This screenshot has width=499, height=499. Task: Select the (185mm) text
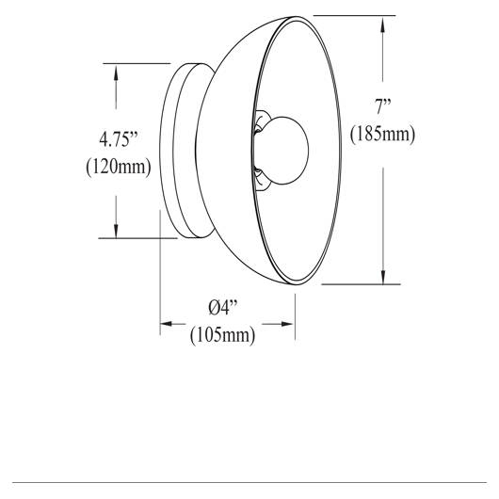pyautogui.click(x=383, y=135)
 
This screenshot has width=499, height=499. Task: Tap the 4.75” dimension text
pyautogui.click(x=119, y=139)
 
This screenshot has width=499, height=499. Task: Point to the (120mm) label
pyautogui.click(x=119, y=167)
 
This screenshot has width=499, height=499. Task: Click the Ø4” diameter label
pyautogui.click(x=223, y=308)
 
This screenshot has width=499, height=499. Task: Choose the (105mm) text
pyautogui.click(x=222, y=335)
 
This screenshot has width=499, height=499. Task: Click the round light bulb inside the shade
pyautogui.click(x=284, y=151)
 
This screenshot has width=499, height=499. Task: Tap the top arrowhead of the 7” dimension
pyautogui.click(x=383, y=24)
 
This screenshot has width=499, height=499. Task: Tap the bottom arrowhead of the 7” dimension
pyautogui.click(x=383, y=276)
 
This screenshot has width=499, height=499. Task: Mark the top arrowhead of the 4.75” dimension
pyautogui.click(x=116, y=72)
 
